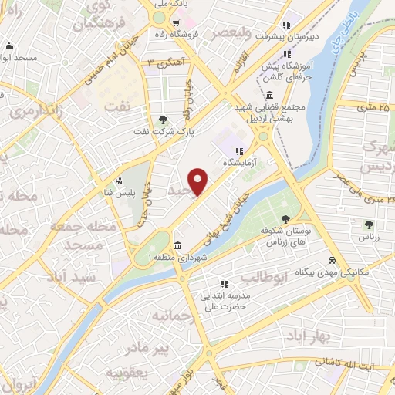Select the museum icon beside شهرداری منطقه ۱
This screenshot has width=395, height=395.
tap(178, 246)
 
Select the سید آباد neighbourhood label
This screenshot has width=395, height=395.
tap(80, 275)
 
